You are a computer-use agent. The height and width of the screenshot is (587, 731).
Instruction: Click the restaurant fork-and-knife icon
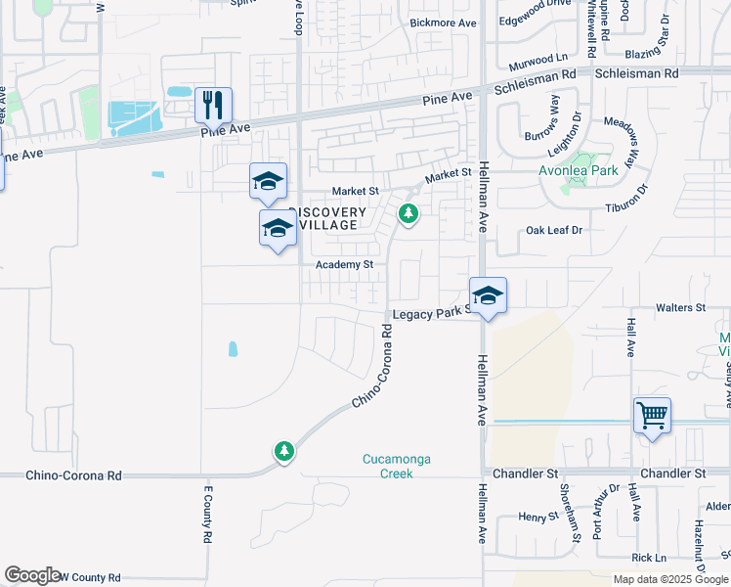click(213, 103)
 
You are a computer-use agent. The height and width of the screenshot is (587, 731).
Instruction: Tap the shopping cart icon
click(652, 414)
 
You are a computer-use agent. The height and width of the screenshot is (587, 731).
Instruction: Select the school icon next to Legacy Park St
click(488, 294)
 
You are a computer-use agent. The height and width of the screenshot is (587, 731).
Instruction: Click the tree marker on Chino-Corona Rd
click(284, 451)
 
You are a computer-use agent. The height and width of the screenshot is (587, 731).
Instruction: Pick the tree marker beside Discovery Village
click(408, 213)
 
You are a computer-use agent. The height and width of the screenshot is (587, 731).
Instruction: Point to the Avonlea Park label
click(580, 169)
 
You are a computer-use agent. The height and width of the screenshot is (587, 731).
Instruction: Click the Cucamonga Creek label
click(396, 466)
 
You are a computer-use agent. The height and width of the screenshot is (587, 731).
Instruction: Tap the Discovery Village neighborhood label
click(329, 218)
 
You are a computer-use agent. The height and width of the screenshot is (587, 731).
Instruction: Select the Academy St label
click(344, 265)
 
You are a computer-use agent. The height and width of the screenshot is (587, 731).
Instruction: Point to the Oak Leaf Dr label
click(554, 230)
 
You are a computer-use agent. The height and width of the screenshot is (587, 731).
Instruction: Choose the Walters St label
click(680, 307)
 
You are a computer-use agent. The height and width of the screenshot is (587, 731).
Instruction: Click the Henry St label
click(537, 516)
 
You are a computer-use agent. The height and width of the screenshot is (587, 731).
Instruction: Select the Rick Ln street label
click(649, 558)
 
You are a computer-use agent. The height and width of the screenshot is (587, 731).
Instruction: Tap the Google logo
click(32, 575)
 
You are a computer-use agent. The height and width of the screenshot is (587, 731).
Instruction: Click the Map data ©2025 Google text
click(669, 579)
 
